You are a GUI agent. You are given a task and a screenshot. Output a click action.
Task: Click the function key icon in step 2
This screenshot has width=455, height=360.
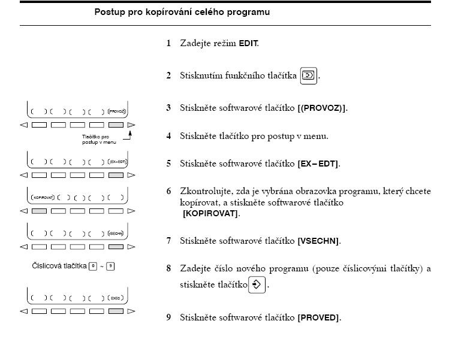[308, 76]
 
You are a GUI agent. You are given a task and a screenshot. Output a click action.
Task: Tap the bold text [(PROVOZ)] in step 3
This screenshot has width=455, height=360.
[323, 108]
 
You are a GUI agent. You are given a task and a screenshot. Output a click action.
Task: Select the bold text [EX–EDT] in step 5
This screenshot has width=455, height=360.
[319, 164]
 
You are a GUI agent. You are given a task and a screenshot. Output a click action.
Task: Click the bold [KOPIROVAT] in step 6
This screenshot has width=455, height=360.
[211, 214]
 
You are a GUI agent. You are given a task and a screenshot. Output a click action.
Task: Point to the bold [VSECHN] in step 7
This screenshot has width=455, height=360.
[319, 241]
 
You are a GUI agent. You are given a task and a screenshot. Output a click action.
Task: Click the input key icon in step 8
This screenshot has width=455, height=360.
[257, 285]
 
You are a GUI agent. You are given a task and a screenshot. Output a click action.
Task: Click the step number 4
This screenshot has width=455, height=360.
[168, 136]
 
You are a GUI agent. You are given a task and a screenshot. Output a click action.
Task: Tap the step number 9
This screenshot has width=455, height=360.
[168, 317]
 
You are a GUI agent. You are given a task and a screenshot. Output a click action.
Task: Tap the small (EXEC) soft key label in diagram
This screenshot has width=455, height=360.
[116, 298]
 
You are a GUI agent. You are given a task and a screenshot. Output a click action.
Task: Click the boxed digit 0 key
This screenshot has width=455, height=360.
[92, 266]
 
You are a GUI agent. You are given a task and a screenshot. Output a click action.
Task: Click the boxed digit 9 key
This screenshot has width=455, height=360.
[110, 266]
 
